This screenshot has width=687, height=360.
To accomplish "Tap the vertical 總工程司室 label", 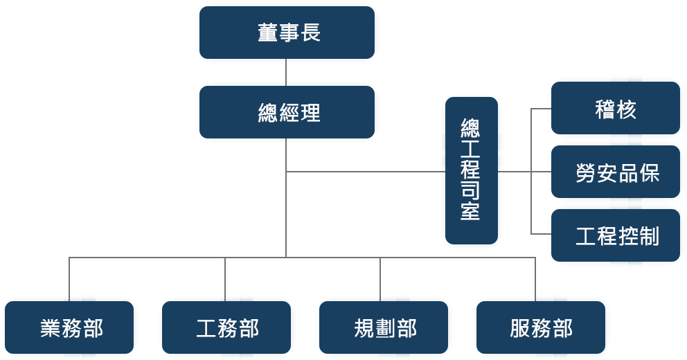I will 470,170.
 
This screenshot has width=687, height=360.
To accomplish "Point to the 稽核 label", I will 616,109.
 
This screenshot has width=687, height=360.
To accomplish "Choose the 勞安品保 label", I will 618,172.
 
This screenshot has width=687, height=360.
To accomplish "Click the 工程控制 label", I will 618,236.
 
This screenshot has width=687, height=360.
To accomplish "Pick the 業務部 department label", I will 71,327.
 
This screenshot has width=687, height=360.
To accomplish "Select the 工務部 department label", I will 228,327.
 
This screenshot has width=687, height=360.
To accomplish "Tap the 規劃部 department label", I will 385,327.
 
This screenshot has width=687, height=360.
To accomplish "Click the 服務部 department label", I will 542,327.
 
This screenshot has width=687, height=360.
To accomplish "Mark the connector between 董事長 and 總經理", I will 286,72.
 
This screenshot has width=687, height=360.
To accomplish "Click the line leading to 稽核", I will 542,109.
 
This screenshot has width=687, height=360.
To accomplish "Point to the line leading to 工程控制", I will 542,234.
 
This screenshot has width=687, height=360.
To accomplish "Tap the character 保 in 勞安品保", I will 650,172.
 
